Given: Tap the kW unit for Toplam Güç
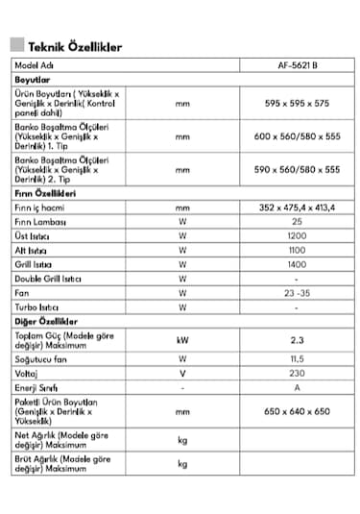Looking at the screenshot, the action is (182, 339).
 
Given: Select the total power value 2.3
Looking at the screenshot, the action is (297, 339).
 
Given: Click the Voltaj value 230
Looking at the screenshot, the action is (297, 373).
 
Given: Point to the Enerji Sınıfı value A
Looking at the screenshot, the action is (297, 387).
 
